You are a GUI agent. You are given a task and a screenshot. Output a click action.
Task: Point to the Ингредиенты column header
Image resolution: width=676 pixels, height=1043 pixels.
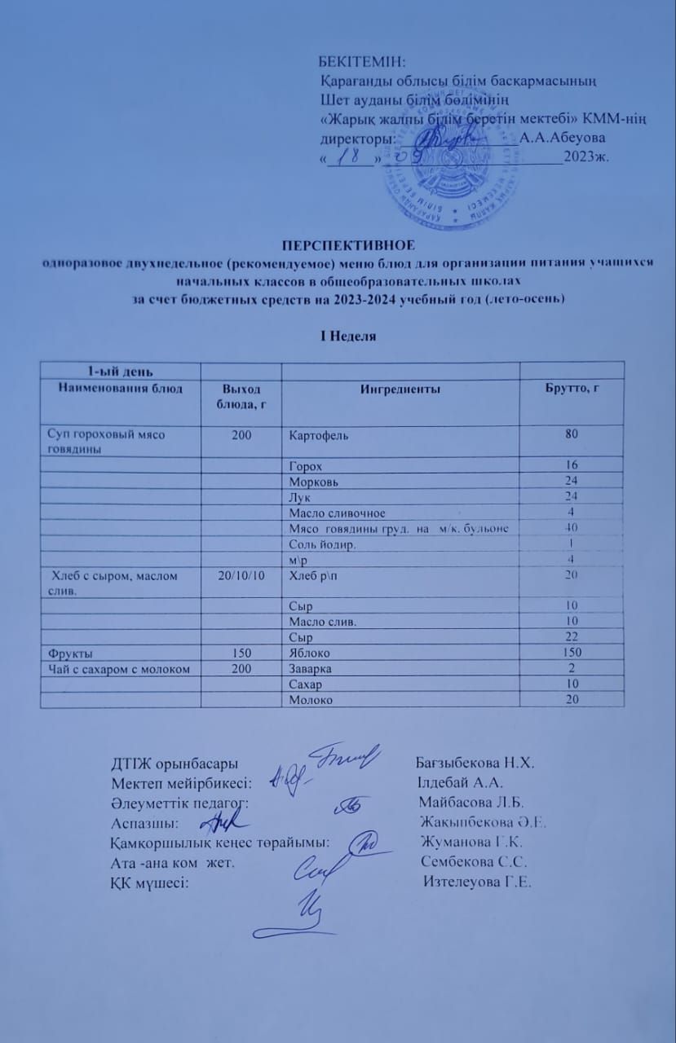[400, 390]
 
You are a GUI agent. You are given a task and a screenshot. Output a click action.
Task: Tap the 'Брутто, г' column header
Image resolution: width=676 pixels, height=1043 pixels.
[572, 389]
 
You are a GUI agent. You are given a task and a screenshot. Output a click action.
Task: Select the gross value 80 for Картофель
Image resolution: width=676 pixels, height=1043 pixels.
[572, 434]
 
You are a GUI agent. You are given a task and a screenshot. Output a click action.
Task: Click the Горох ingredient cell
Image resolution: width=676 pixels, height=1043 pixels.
[306, 466]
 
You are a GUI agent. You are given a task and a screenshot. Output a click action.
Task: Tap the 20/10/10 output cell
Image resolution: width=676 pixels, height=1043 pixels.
[241, 575]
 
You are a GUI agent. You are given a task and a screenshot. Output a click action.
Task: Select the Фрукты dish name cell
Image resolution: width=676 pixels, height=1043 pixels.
[70, 653]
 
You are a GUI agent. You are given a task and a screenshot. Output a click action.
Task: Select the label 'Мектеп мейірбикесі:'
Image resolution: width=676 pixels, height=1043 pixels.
[181, 783]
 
